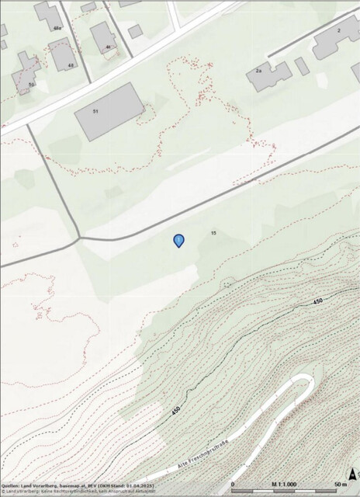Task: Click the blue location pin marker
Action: [179, 241]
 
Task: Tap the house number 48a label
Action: [57, 28]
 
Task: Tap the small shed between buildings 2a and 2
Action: [302, 66]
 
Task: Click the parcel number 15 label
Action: [213, 232]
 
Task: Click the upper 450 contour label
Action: [317, 301]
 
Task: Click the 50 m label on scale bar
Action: [341, 484]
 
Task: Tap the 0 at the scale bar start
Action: [234, 484]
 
